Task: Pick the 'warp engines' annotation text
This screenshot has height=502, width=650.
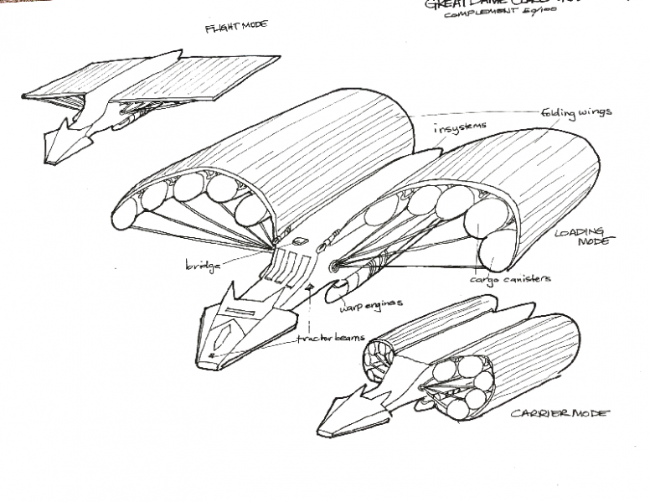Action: click(x=371, y=303)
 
